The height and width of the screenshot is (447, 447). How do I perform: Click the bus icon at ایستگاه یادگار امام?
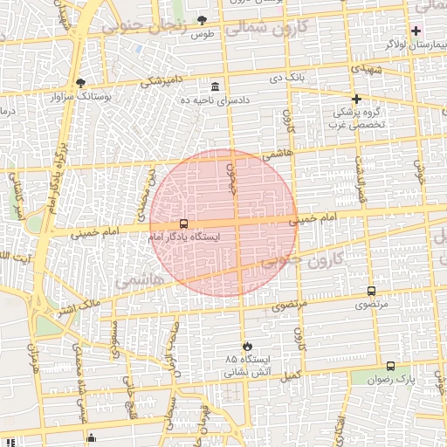(182, 223)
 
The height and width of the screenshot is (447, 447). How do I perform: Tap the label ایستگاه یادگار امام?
(183, 237)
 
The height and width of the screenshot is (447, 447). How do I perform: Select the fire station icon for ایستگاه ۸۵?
(247, 346)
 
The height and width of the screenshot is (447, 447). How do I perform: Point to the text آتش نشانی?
(248, 372)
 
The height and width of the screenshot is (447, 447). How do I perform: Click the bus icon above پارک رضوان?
(390, 367)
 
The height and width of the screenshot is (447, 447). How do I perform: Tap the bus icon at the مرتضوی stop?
(371, 292)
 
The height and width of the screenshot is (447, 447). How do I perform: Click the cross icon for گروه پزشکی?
(356, 99)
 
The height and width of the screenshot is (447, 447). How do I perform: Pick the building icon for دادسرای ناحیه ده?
(215, 86)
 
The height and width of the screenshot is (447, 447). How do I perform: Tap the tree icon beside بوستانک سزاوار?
(80, 83)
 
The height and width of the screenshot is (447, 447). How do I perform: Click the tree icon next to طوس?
(203, 20)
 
